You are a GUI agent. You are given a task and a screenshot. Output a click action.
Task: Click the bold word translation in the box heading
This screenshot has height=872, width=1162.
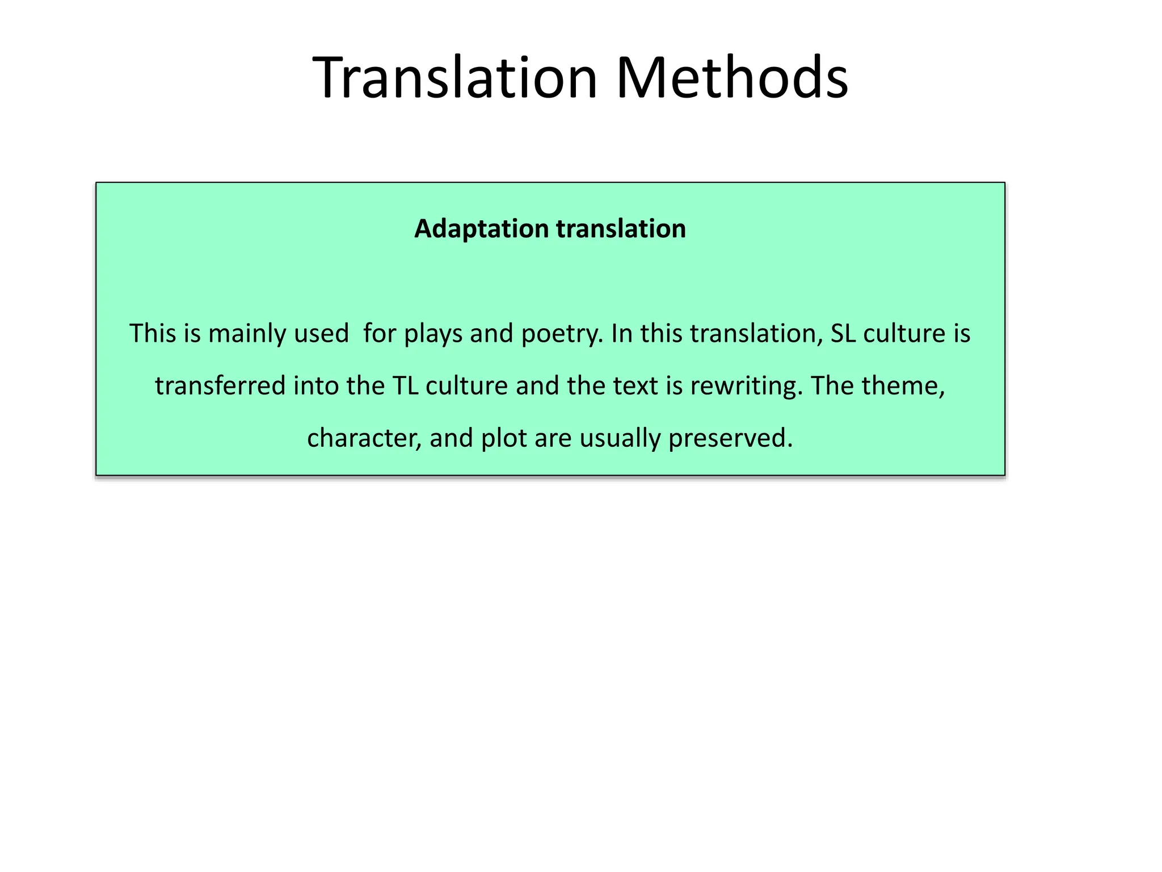click(x=621, y=229)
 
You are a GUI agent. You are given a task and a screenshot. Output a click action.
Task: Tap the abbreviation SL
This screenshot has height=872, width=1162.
click(x=843, y=333)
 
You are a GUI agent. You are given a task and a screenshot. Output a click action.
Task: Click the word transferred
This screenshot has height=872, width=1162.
click(x=220, y=386)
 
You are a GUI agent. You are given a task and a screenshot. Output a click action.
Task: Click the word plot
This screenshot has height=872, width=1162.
click(x=504, y=438)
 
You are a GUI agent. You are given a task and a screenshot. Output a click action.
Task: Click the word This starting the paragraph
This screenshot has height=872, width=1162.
click(x=153, y=333)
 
